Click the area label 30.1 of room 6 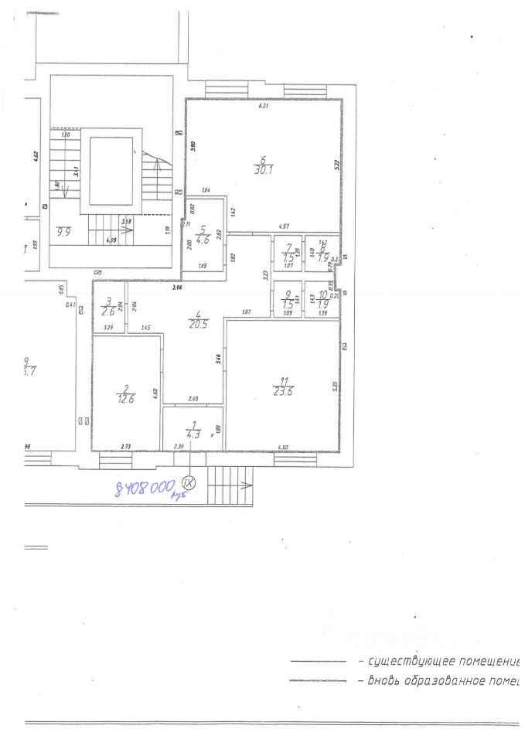tap(264, 172)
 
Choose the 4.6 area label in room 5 tap(202, 238)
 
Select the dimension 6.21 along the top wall tap(262, 106)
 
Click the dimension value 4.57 tap(284, 226)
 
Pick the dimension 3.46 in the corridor tap(219, 358)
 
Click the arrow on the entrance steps tap(244, 485)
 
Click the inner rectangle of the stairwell tap(111, 171)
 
